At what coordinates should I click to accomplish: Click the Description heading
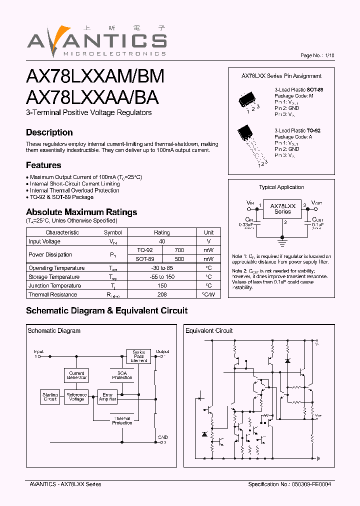(49, 132)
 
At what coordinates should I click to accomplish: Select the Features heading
(43, 165)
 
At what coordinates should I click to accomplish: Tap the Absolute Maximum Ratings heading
(81, 212)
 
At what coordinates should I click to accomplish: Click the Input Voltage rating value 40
(162, 241)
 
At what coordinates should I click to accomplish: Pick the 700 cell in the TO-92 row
(179, 250)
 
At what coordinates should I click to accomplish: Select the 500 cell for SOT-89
(179, 259)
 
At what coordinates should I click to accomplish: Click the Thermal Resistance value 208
(162, 294)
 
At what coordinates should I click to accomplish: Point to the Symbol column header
(112, 232)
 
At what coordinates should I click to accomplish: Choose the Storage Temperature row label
(54, 277)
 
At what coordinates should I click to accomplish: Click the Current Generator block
(76, 375)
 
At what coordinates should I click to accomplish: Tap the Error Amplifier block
(107, 397)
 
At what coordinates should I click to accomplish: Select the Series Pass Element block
(138, 356)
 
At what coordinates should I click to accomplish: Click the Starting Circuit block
(50, 397)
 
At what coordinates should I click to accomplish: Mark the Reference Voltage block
(76, 397)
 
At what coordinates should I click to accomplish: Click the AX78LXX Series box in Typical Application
(282, 208)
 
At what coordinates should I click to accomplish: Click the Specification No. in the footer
(289, 484)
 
